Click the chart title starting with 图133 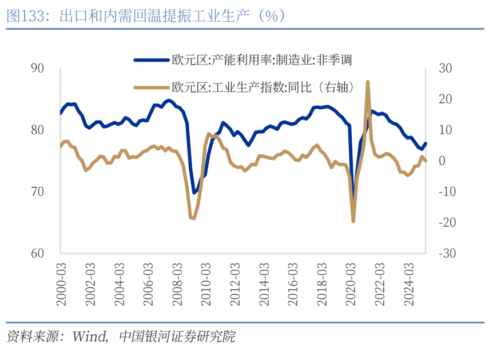(146, 16)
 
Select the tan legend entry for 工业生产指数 (263, 87)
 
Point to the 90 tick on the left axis (38, 68)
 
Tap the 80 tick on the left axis (38, 130)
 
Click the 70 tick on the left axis (38, 191)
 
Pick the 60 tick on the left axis (38, 253)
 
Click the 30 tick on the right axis (445, 68)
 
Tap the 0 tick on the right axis (442, 161)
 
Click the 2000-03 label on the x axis (61, 285)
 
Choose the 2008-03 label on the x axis (177, 285)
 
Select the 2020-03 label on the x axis (352, 285)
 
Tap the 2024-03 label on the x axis (410, 285)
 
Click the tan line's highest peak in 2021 (367, 82)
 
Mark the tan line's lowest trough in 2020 (353, 221)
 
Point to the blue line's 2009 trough (194, 193)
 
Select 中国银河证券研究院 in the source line (177, 337)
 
